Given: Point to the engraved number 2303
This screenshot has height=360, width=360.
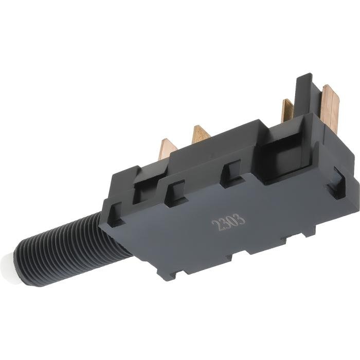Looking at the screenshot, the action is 228,222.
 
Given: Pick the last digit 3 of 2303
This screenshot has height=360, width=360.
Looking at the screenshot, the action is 241,219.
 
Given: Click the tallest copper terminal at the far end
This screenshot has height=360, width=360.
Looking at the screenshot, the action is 330,108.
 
